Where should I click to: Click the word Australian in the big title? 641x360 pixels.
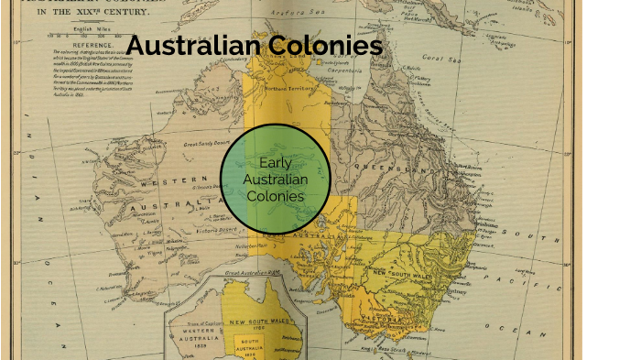pos(193,46)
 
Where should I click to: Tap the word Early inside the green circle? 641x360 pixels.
pos(275,162)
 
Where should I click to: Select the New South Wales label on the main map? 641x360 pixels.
pos(403,272)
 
